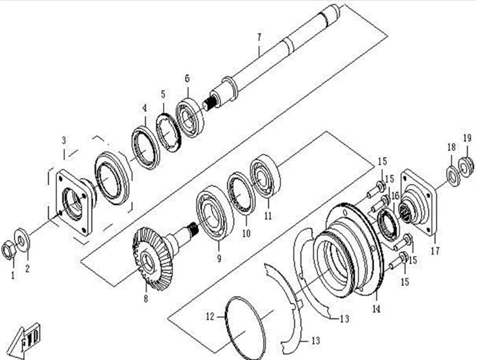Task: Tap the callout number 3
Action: (x=64, y=138)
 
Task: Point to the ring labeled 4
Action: (x=146, y=147)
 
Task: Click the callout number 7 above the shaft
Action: (x=258, y=36)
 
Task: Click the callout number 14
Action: (x=376, y=308)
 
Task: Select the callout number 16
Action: (x=395, y=196)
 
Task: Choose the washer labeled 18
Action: (x=452, y=172)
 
